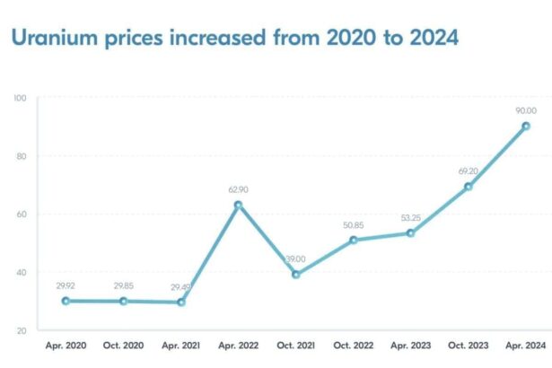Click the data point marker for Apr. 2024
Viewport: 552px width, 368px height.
click(526, 127)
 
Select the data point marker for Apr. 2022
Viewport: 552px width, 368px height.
click(238, 205)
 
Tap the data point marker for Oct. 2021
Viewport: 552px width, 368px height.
click(295, 275)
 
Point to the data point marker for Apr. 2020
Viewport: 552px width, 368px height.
click(66, 301)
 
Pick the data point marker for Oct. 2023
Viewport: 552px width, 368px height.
click(468, 187)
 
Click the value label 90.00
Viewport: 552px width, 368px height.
click(526, 110)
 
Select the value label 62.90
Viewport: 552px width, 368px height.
click(238, 188)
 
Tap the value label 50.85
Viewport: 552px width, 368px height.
click(353, 223)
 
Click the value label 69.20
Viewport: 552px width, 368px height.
click(468, 170)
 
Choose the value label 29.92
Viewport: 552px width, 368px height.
click(66, 285)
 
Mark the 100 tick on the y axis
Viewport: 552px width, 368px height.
click(19, 98)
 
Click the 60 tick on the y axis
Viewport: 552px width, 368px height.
click(20, 215)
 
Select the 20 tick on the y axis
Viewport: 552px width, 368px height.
click(20, 331)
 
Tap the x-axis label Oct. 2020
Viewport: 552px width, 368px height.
click(123, 345)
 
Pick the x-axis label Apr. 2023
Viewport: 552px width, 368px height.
click(410, 345)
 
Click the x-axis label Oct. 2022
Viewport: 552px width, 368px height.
click(353, 345)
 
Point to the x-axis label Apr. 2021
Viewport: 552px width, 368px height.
click(180, 345)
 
